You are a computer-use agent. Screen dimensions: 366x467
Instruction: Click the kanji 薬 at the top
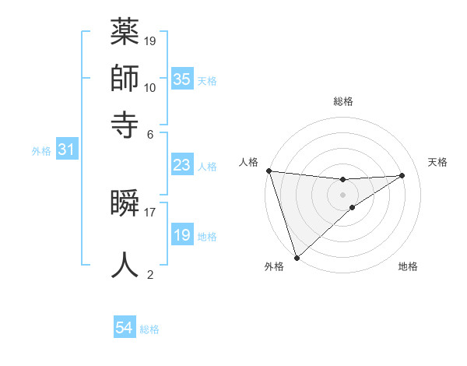[x=125, y=33]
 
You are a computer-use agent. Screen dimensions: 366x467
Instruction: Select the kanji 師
[x=125, y=78]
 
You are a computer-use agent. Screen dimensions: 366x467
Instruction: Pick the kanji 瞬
[x=125, y=203]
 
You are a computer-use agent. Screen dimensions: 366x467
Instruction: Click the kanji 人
[x=125, y=264]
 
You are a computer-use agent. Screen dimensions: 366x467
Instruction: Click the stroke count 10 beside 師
[x=150, y=87]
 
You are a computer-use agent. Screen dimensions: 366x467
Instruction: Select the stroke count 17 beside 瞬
[x=150, y=211]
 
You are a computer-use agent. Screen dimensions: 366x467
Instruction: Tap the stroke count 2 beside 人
[x=150, y=274]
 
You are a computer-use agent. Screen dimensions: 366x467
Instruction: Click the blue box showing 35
[x=181, y=79]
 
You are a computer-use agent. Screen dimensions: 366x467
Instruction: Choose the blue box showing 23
[x=181, y=165]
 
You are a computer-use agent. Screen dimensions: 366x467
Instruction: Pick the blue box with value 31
[x=66, y=150]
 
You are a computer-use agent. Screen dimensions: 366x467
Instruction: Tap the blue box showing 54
[x=125, y=328]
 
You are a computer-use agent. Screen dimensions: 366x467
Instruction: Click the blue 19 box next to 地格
[x=181, y=235]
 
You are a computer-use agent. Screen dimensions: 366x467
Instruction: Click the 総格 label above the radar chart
[x=342, y=101]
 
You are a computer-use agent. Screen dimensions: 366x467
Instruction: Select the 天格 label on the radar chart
[x=438, y=162]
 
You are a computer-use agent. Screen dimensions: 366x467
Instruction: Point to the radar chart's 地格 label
[x=408, y=267]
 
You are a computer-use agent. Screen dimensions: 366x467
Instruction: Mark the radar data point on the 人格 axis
[x=269, y=171]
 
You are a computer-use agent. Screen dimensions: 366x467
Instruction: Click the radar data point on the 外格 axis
[x=297, y=257]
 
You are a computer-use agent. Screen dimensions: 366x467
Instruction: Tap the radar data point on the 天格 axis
[x=402, y=175]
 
